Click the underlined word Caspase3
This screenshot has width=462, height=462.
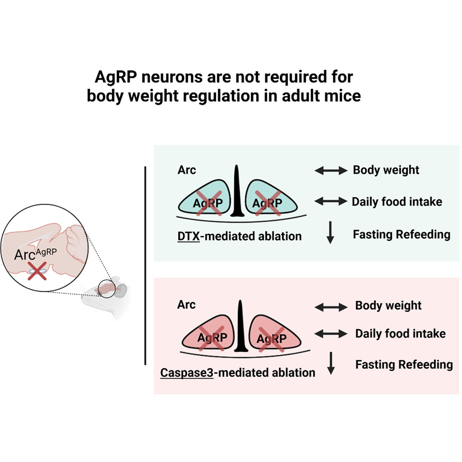186,372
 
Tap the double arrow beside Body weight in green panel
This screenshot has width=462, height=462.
331,171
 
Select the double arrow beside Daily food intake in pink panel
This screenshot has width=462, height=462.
331,334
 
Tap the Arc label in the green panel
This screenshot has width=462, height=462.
186,170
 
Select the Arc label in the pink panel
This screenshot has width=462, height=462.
186,305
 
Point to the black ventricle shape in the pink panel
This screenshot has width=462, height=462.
241,329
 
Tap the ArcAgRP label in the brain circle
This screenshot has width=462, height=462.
38,254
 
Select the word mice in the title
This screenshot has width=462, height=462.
343,96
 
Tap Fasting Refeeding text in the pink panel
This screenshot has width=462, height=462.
404,365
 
